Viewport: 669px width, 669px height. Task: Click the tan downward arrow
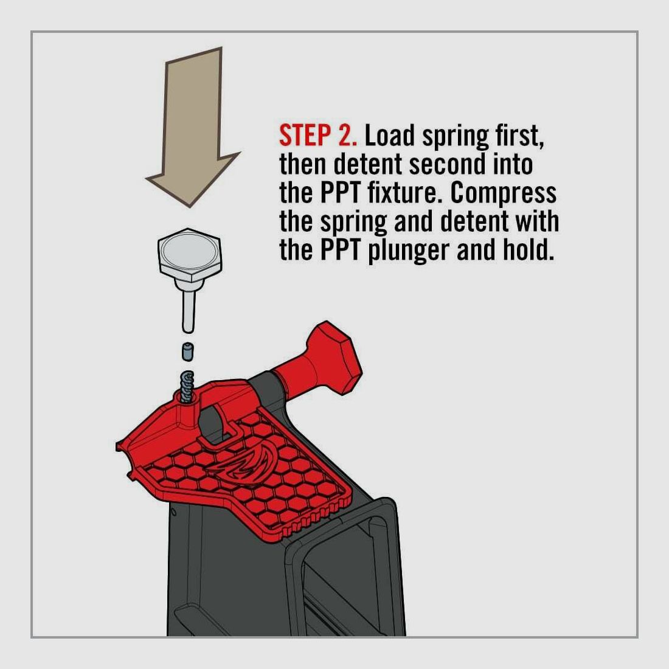tap(193, 128)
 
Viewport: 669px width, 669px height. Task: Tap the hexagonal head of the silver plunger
tap(189, 255)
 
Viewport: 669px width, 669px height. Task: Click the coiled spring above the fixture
tap(187, 386)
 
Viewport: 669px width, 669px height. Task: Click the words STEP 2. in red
tap(318, 136)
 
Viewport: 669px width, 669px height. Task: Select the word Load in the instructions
tap(389, 136)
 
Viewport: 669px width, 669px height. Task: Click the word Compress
tap(504, 194)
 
